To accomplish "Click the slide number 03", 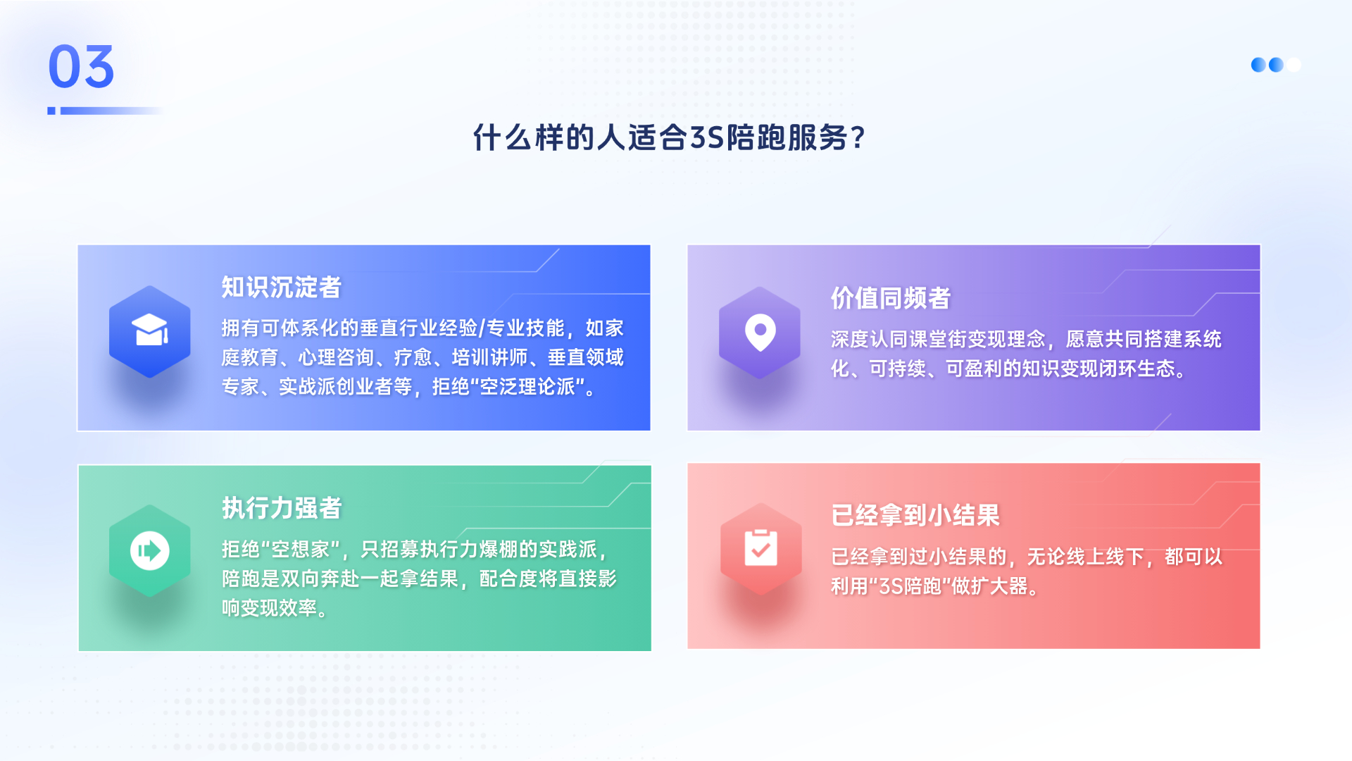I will click(81, 67).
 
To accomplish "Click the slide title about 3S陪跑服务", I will click(668, 137).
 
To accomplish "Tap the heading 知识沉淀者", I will click(281, 287).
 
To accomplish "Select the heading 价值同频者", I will click(890, 298).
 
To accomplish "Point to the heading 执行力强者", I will click(282, 508).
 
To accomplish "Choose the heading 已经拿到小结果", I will click(915, 515).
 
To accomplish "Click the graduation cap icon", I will click(150, 330).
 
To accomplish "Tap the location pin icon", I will click(760, 331).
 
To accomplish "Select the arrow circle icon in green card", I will click(150, 550).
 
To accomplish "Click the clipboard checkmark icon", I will click(760, 548).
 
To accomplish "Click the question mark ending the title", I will click(857, 137).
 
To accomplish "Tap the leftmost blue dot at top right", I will click(1258, 65).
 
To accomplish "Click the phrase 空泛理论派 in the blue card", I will click(527, 387).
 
